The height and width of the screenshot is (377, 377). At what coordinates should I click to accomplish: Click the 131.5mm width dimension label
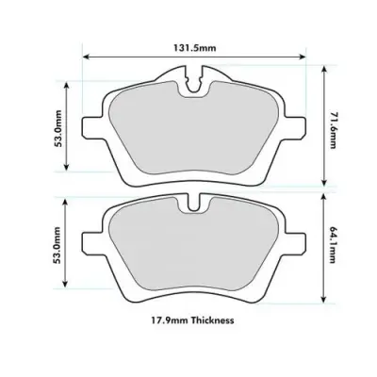click(192, 47)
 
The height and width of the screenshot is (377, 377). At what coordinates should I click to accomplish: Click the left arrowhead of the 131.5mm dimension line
click(88, 55)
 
